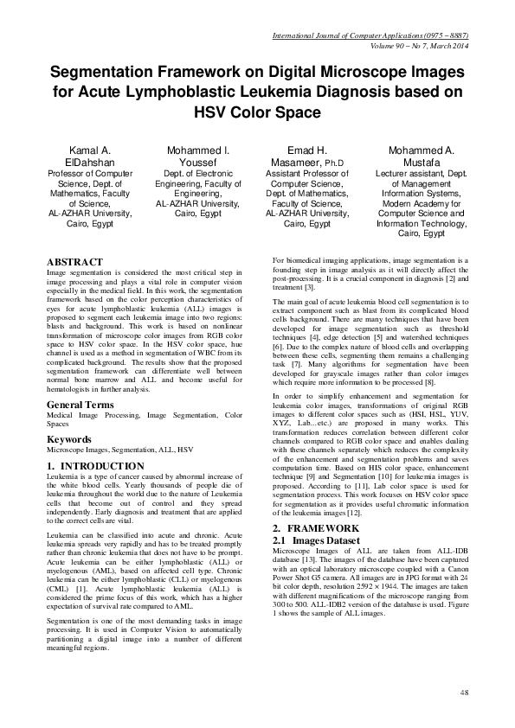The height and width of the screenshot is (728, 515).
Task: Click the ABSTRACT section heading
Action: [x=74, y=262]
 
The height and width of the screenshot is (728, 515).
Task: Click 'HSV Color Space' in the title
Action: [x=257, y=112]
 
